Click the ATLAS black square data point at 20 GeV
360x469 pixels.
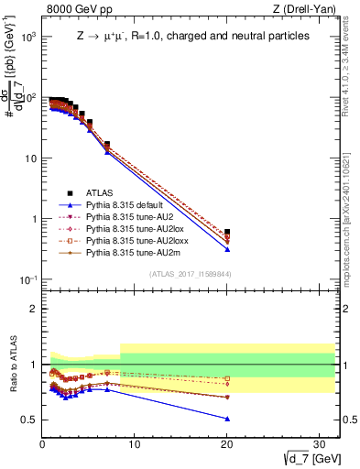coord(227,233)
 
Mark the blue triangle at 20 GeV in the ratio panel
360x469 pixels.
coord(227,419)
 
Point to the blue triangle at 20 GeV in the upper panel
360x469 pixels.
coord(227,249)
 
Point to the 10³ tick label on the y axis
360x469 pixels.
coord(29,37)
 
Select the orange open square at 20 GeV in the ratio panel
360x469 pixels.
coord(227,378)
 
